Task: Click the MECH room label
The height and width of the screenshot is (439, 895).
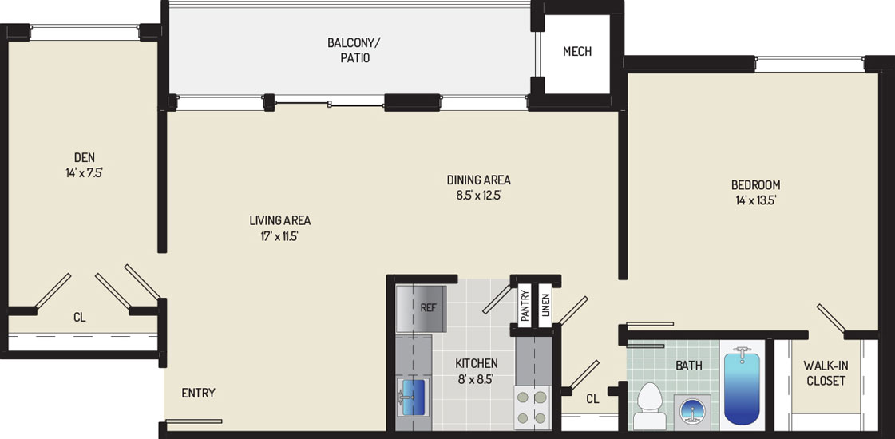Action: [577, 51]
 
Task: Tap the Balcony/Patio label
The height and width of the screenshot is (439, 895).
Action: [348, 50]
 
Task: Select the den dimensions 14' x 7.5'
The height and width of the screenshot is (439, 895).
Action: [84, 172]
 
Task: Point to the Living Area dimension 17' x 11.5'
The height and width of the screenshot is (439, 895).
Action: [279, 235]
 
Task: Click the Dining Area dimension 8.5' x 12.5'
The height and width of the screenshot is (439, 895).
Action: [478, 196]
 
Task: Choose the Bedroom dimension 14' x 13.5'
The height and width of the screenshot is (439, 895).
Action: [756, 200]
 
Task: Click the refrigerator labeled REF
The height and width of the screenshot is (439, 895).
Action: [421, 308]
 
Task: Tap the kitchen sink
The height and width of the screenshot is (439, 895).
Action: [411, 397]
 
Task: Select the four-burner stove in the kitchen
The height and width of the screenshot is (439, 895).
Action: [533, 407]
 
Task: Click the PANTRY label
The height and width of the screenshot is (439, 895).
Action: [525, 306]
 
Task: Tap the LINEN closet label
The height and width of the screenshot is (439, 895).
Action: [545, 306]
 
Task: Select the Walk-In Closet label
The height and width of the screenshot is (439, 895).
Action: [824, 372]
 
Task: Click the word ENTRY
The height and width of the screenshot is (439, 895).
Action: [198, 393]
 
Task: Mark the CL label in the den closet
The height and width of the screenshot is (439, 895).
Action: [79, 318]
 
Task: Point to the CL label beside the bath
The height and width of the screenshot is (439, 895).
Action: [592, 400]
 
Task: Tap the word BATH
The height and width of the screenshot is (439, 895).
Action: [690, 366]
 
